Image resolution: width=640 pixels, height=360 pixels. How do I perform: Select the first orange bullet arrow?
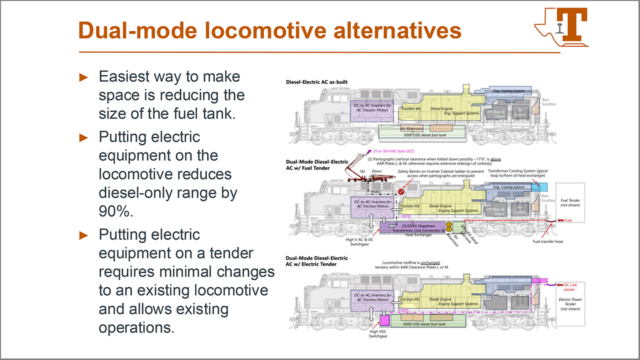point(83,77)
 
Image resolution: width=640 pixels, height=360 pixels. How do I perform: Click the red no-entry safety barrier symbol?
point(400,191)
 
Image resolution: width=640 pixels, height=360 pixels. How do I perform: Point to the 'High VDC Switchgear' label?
point(377,333)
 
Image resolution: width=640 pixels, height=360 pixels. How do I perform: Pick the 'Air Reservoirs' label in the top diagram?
point(412,128)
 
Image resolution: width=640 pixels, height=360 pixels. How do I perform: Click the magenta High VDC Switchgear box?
point(384,319)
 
